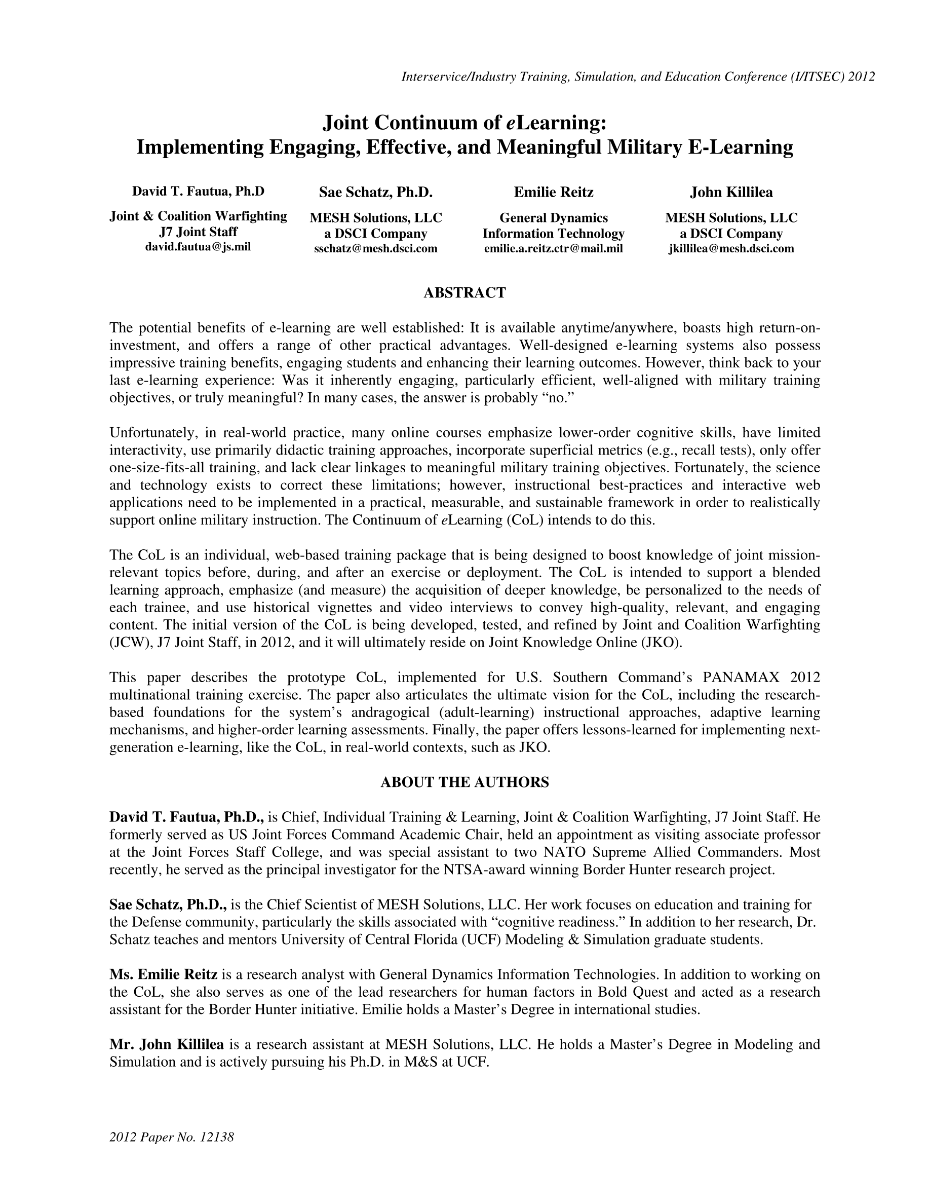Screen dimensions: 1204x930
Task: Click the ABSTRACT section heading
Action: [464, 293]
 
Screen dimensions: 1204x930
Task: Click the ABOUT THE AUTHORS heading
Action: [464, 782]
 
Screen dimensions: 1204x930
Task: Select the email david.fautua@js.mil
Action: [198, 246]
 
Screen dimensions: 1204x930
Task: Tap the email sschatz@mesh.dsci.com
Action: [376, 249]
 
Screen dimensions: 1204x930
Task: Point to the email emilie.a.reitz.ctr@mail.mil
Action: [553, 249]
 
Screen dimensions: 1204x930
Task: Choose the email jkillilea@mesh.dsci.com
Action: [731, 249]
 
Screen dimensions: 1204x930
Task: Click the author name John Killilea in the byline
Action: [731, 193]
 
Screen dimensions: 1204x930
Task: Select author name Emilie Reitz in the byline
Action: [553, 193]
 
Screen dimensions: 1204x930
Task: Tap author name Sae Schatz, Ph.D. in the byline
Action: [376, 193]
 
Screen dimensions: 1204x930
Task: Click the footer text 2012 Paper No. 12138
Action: [172, 1137]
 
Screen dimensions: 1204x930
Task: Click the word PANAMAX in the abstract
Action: [743, 677]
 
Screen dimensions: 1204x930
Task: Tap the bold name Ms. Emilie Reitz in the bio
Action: [163, 974]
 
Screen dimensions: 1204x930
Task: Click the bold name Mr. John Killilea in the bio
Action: [166, 1044]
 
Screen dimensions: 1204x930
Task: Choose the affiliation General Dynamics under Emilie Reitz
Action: [553, 218]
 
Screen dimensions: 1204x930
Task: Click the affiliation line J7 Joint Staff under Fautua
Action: [198, 232]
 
